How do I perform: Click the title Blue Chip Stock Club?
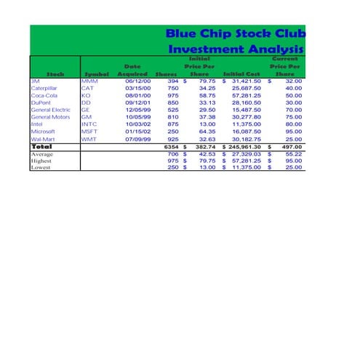coord(236,34)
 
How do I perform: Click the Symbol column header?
coord(97,74)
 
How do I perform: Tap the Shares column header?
coord(167,74)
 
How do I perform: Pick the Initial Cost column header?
coord(241,74)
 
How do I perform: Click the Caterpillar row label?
coord(48,88)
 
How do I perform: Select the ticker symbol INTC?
coord(89,124)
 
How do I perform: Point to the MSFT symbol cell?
coord(89,132)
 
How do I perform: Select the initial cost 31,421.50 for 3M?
coord(246,81)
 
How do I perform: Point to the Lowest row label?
coord(41,167)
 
